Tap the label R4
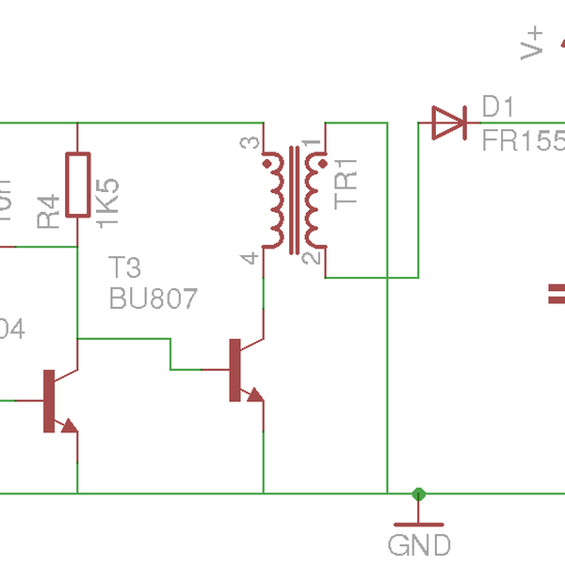[x=50, y=209]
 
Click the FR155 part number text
[x=524, y=141]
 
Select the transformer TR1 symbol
[x=295, y=201]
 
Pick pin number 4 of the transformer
[x=250, y=257]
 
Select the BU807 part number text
[x=153, y=299]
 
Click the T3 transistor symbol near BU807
[x=242, y=370]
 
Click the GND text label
[x=419, y=544]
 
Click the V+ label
[x=533, y=43]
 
